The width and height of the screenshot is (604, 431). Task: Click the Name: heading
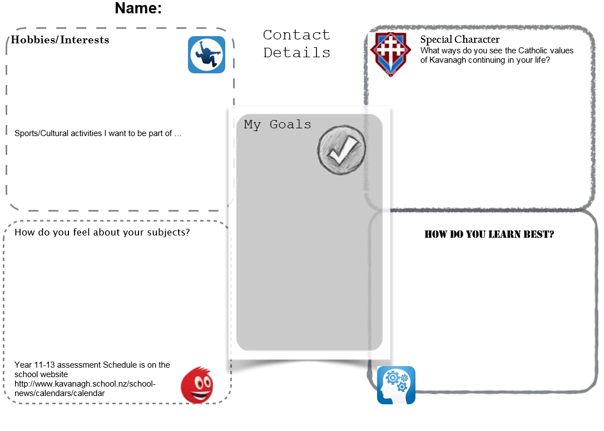tap(138, 8)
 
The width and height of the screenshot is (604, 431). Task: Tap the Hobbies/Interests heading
tap(60, 40)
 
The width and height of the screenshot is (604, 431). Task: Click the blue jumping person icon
tap(206, 54)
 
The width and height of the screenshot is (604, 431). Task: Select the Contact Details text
tap(296, 43)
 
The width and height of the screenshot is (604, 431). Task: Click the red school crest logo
tap(390, 54)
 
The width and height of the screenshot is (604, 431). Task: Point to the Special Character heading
tap(459, 39)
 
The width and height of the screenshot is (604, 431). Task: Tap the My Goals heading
tap(278, 124)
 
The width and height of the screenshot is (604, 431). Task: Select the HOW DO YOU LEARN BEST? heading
tap(489, 234)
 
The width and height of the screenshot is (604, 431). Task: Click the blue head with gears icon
tap(396, 385)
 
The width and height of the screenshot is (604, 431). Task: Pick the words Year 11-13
tap(34, 365)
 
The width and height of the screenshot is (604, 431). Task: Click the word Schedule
tap(121, 365)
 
